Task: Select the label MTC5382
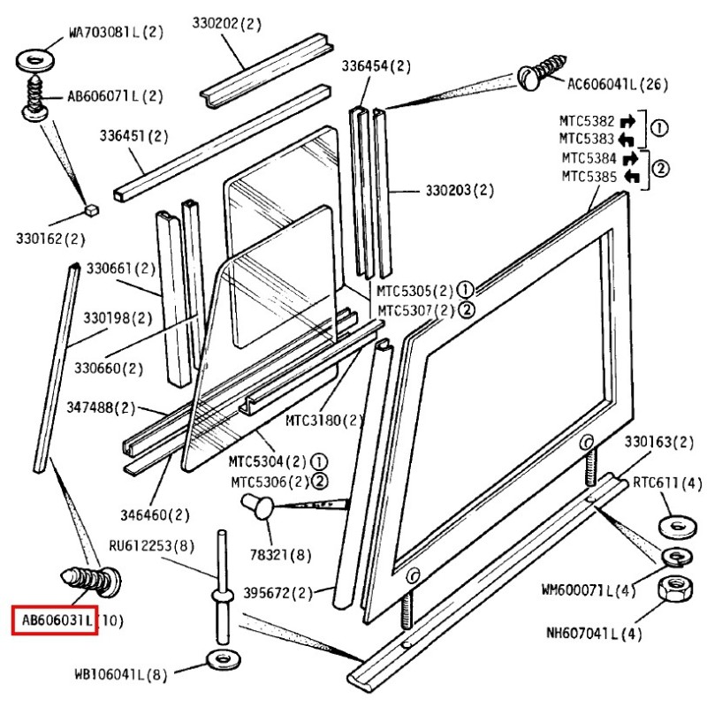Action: [x=587, y=120]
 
